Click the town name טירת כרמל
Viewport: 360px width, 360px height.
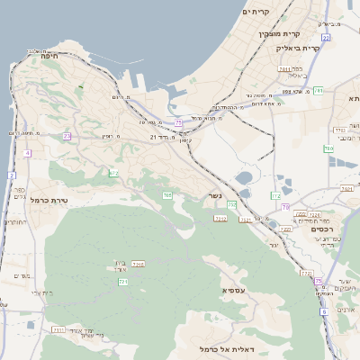tap(49, 199)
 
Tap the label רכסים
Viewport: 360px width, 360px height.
tap(321, 229)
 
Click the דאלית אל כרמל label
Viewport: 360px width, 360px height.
tap(226, 347)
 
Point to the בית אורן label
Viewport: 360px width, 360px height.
tap(122, 265)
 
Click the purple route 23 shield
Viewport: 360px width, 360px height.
tap(67, 136)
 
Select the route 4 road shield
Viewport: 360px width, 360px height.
tap(28, 154)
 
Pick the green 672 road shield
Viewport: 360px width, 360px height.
tap(113, 173)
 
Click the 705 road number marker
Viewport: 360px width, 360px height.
tap(167, 194)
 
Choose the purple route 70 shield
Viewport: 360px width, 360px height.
tap(285, 208)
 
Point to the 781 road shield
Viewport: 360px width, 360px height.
tap(328, 148)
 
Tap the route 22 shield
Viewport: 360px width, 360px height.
tap(326, 38)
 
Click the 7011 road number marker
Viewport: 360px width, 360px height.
tap(284, 68)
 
